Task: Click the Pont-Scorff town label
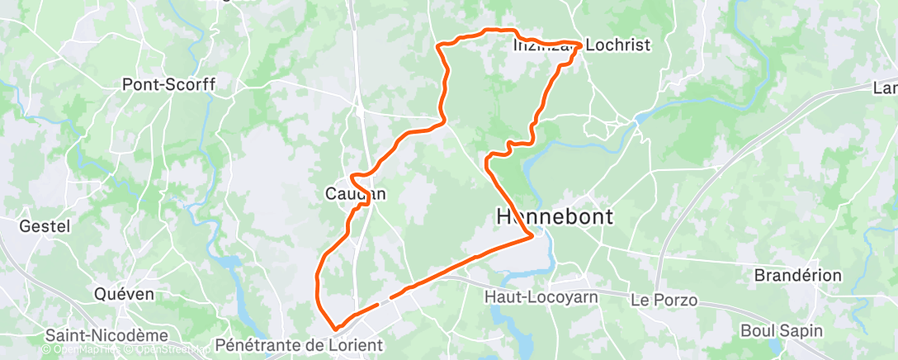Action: [168, 84]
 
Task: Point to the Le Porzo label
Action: [664, 300]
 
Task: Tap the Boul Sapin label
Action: [782, 330]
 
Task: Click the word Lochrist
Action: [616, 44]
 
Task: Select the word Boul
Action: [759, 330]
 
